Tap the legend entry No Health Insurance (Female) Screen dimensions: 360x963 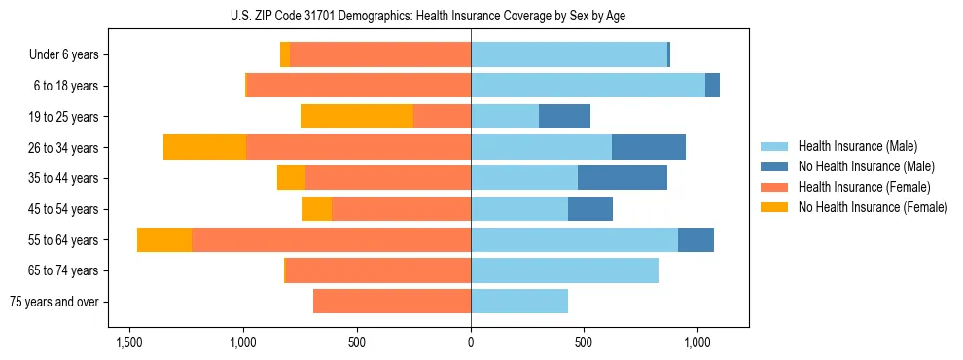click(872, 207)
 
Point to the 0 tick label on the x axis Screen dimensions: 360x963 click(471, 342)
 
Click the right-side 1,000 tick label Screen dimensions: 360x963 click(697, 342)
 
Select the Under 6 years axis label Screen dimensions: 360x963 click(64, 55)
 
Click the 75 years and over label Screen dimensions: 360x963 click(54, 302)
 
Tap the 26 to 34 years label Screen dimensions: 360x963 click(65, 148)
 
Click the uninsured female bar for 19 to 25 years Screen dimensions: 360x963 click(357, 116)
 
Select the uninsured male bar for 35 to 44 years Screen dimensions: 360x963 click(623, 178)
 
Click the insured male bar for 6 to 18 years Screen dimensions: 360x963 click(588, 86)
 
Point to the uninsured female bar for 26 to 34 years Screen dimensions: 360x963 click(204, 147)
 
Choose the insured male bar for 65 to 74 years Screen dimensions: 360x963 click(564, 270)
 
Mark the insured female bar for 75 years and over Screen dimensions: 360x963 click(392, 302)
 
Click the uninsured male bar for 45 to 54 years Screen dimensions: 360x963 click(590, 208)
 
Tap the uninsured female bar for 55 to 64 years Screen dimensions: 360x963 click(164, 239)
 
